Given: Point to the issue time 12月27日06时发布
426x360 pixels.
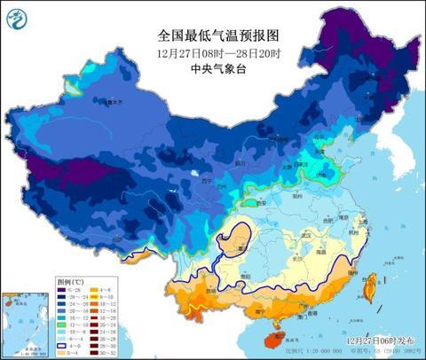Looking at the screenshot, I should (379, 339).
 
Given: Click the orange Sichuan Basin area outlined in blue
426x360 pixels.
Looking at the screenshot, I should (235, 237).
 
